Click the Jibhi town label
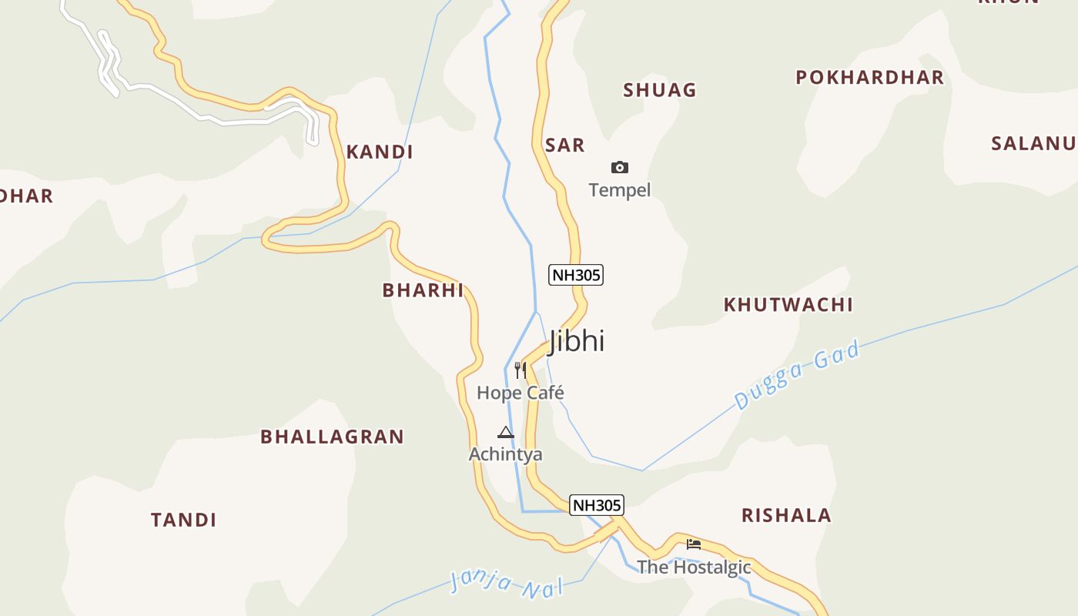576,341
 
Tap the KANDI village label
380,152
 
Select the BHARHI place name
423,290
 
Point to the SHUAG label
660,90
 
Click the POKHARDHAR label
869,77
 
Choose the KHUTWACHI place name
788,305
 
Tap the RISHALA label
786,515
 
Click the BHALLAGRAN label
332,437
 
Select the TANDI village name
183,520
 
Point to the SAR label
564,145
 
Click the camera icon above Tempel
620,167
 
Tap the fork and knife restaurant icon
521,370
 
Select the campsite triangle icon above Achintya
506,432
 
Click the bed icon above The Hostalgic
694,544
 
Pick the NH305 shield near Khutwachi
575,275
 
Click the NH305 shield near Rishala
597,505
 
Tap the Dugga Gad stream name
796,375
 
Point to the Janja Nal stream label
506,583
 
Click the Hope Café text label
521,393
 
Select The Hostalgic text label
694,567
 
